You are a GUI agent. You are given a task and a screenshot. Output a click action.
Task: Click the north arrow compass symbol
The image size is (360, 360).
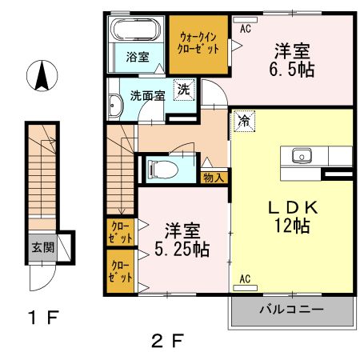43,76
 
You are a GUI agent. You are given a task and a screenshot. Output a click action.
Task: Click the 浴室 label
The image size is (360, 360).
137,56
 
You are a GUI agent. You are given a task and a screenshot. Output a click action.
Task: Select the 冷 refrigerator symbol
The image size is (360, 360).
242,122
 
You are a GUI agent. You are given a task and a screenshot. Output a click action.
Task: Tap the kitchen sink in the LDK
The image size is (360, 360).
302,155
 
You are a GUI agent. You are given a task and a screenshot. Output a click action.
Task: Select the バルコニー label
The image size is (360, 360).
291,309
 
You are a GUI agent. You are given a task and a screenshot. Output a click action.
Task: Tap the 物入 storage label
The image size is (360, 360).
214,177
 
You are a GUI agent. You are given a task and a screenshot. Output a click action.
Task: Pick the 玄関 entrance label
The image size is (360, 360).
43,246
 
